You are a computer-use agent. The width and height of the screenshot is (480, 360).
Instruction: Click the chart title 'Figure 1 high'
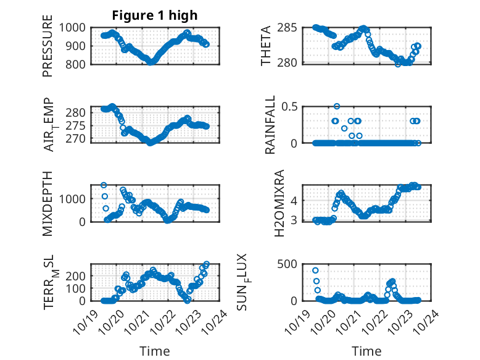point(154,15)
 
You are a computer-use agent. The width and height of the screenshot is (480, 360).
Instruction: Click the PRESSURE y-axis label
point(48,46)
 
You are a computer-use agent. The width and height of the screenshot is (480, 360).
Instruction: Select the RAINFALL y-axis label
point(270,125)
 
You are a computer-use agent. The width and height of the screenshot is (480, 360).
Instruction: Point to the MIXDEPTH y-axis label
point(48,203)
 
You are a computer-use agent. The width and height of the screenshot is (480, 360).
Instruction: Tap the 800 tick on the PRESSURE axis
point(78,63)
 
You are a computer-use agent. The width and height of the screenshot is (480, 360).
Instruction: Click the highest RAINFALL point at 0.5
point(337,106)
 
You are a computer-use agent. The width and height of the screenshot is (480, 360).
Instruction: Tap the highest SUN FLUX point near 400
point(315,270)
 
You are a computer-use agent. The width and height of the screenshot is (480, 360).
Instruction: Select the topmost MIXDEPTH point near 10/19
point(104,185)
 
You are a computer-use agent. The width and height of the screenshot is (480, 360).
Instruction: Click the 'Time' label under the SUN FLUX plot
point(366,351)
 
